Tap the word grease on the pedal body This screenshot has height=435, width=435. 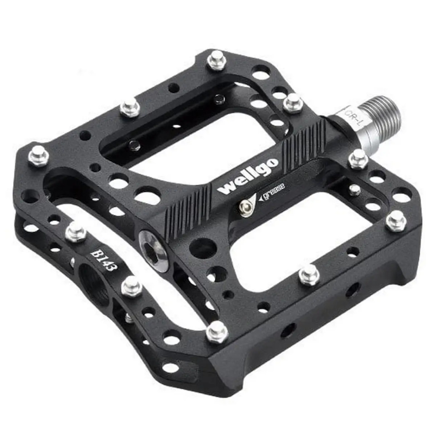click(272, 191)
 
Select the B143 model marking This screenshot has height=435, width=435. click(104, 260)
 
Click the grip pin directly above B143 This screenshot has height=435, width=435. click(75, 232)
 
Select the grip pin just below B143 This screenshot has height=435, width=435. click(130, 286)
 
